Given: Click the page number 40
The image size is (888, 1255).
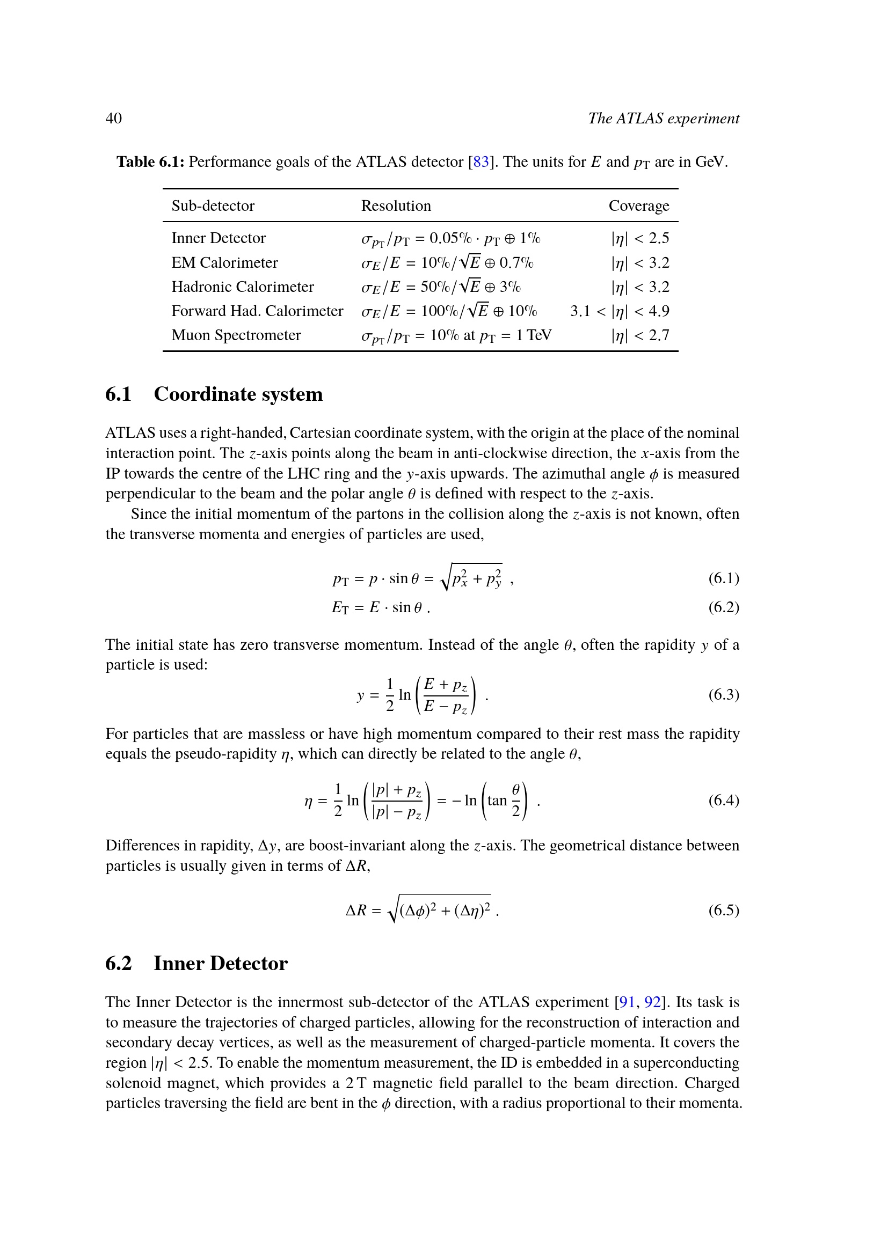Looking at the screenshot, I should pos(114,118).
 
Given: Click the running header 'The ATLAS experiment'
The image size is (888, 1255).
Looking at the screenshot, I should pos(663,118).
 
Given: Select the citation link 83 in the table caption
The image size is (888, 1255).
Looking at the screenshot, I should pos(481,162).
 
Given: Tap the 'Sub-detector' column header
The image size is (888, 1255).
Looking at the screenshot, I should pos(213,206).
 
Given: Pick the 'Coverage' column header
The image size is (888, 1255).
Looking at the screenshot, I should pos(639,206).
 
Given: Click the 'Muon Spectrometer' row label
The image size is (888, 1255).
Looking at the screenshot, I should pos(236,335).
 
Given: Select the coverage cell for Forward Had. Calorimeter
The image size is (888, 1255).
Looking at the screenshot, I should pos(620,311).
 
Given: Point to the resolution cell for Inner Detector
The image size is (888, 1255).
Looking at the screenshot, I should pos(450,239).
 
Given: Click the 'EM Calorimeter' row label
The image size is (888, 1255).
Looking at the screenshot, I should pos(224,263).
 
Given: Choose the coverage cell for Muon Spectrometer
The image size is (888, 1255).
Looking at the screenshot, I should pos(640,335).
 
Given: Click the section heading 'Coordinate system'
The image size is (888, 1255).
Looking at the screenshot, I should pos(238,394).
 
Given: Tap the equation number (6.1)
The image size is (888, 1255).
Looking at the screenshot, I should pos(723,578).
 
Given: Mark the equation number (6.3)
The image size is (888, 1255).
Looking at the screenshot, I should pos(723,695).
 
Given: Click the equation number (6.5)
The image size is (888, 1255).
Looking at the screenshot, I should pos(723,910).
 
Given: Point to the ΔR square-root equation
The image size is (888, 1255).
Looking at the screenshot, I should pos(422,910).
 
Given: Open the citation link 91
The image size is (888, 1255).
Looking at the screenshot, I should pos(627,1002).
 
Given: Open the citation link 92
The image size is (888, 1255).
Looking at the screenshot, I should pos(652,1002).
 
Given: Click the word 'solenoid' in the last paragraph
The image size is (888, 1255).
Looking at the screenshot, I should pos(134,1083).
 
